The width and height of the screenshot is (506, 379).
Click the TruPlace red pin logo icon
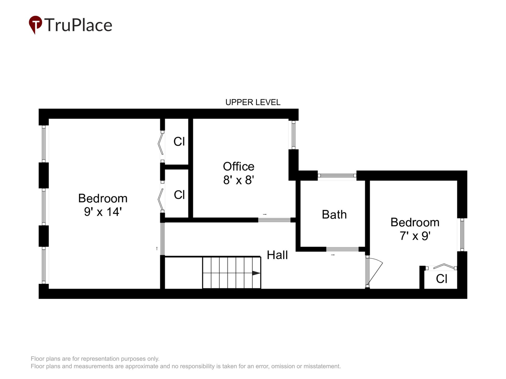35,24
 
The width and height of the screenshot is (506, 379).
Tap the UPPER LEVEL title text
253,102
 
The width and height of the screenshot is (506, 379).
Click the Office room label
239,166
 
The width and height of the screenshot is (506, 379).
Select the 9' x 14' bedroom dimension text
103,212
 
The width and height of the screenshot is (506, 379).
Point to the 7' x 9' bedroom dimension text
415,236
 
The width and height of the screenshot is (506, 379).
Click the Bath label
334,215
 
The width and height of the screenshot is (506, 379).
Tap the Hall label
277,255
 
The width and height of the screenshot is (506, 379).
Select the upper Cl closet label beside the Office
179,142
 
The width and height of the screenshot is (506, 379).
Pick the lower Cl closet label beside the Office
179,195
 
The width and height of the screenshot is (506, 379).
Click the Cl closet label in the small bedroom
442,279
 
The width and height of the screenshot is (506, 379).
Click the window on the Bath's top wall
337,176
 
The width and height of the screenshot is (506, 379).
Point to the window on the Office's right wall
293,135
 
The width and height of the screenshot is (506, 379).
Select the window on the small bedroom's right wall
462,235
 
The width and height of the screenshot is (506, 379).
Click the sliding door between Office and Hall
274,220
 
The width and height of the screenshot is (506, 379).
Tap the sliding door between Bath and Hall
342,249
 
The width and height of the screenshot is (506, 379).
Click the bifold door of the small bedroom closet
444,267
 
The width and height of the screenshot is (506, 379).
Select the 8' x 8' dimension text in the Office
239,180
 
